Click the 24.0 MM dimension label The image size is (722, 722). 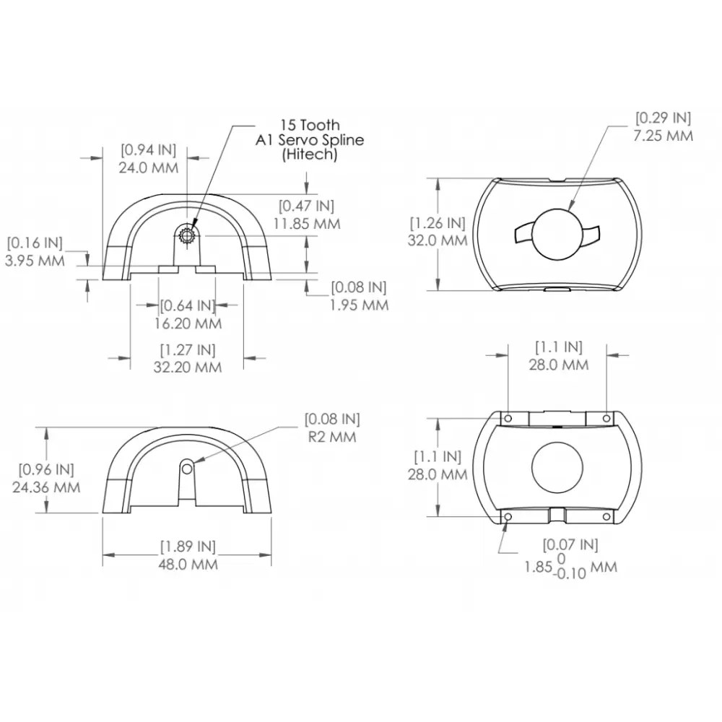coord(148,168)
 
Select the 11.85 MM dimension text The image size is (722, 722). coord(307,224)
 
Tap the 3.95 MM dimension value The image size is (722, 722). coord(35,261)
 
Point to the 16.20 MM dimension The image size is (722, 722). coord(188,323)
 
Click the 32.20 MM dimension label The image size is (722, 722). coord(188,367)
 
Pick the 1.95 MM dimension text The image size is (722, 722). coord(359,305)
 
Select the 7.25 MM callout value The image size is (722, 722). coord(663,136)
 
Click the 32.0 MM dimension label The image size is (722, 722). coord(438,240)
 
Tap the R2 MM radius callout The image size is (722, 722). coord(332,437)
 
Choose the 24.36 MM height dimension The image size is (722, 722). coord(46,487)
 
